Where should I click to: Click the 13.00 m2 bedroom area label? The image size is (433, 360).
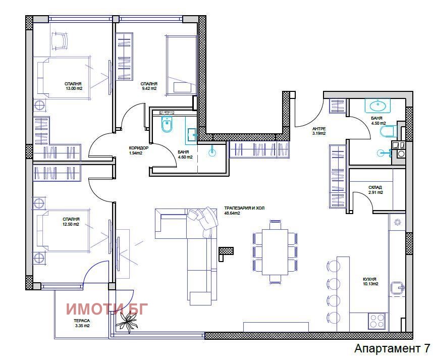pos(73,88)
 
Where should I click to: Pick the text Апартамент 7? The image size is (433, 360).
pos(392,349)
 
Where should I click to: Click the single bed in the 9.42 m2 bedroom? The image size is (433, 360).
pos(180,64)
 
